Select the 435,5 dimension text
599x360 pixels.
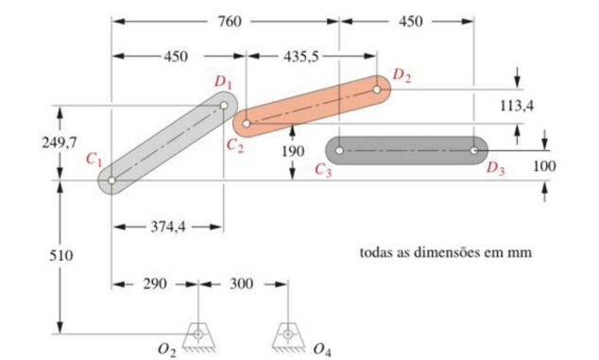(299, 56)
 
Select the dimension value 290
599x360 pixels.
(155, 283)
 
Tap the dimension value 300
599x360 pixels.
(242, 283)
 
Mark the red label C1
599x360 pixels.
(93, 161)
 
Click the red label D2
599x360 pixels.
(402, 74)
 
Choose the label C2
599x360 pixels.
(234, 145)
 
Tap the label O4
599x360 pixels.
(321, 350)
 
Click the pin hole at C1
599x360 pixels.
(112, 180)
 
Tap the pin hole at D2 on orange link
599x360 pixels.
(377, 91)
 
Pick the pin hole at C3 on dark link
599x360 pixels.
(340, 149)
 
